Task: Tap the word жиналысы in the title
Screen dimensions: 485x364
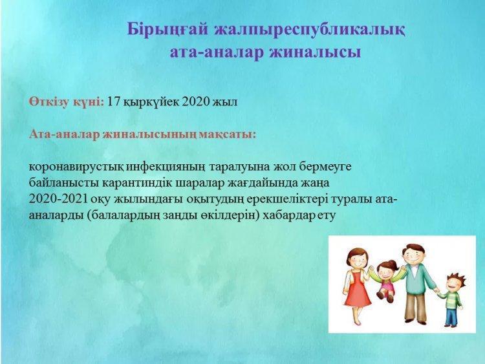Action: [315, 52]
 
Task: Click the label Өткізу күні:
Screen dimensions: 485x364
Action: [67, 102]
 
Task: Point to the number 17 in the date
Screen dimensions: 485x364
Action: [113, 102]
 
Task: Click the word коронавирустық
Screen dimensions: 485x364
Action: [77, 167]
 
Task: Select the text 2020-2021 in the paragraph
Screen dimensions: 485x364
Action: [58, 199]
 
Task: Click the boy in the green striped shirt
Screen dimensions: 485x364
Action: [453, 299]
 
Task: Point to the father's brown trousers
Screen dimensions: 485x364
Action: [416, 309]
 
